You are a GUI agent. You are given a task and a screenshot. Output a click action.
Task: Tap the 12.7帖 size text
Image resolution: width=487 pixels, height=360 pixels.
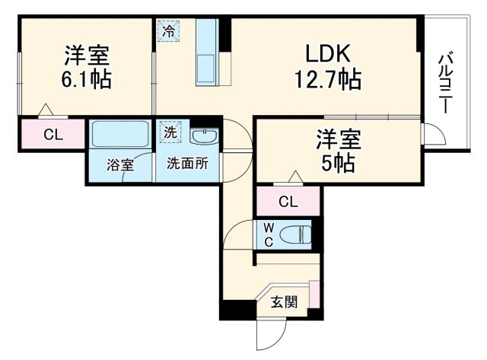327,79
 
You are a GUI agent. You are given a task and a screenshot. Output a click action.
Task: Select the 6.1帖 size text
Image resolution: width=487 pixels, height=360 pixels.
85,79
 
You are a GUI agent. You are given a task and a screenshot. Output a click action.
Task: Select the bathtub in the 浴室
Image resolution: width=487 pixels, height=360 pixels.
120,135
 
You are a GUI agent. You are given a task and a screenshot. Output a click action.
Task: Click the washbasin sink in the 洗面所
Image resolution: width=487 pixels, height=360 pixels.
203,135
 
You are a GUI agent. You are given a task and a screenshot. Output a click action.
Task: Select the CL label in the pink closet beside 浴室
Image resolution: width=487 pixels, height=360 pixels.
52,135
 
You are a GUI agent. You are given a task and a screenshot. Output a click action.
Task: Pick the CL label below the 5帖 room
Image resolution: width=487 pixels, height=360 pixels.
288,202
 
